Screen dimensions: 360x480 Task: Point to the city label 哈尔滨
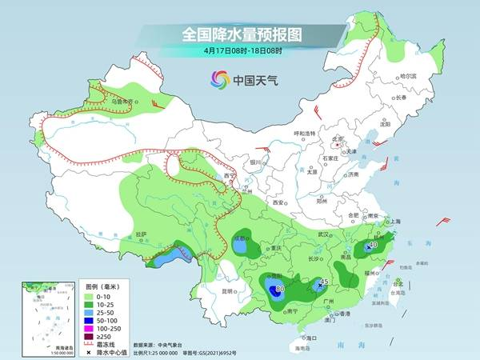(x=406, y=76)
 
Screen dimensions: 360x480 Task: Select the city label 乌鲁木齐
(x=121, y=102)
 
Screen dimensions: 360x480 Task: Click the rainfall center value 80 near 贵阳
(x=279, y=290)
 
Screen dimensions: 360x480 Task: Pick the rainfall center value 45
(x=324, y=282)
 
